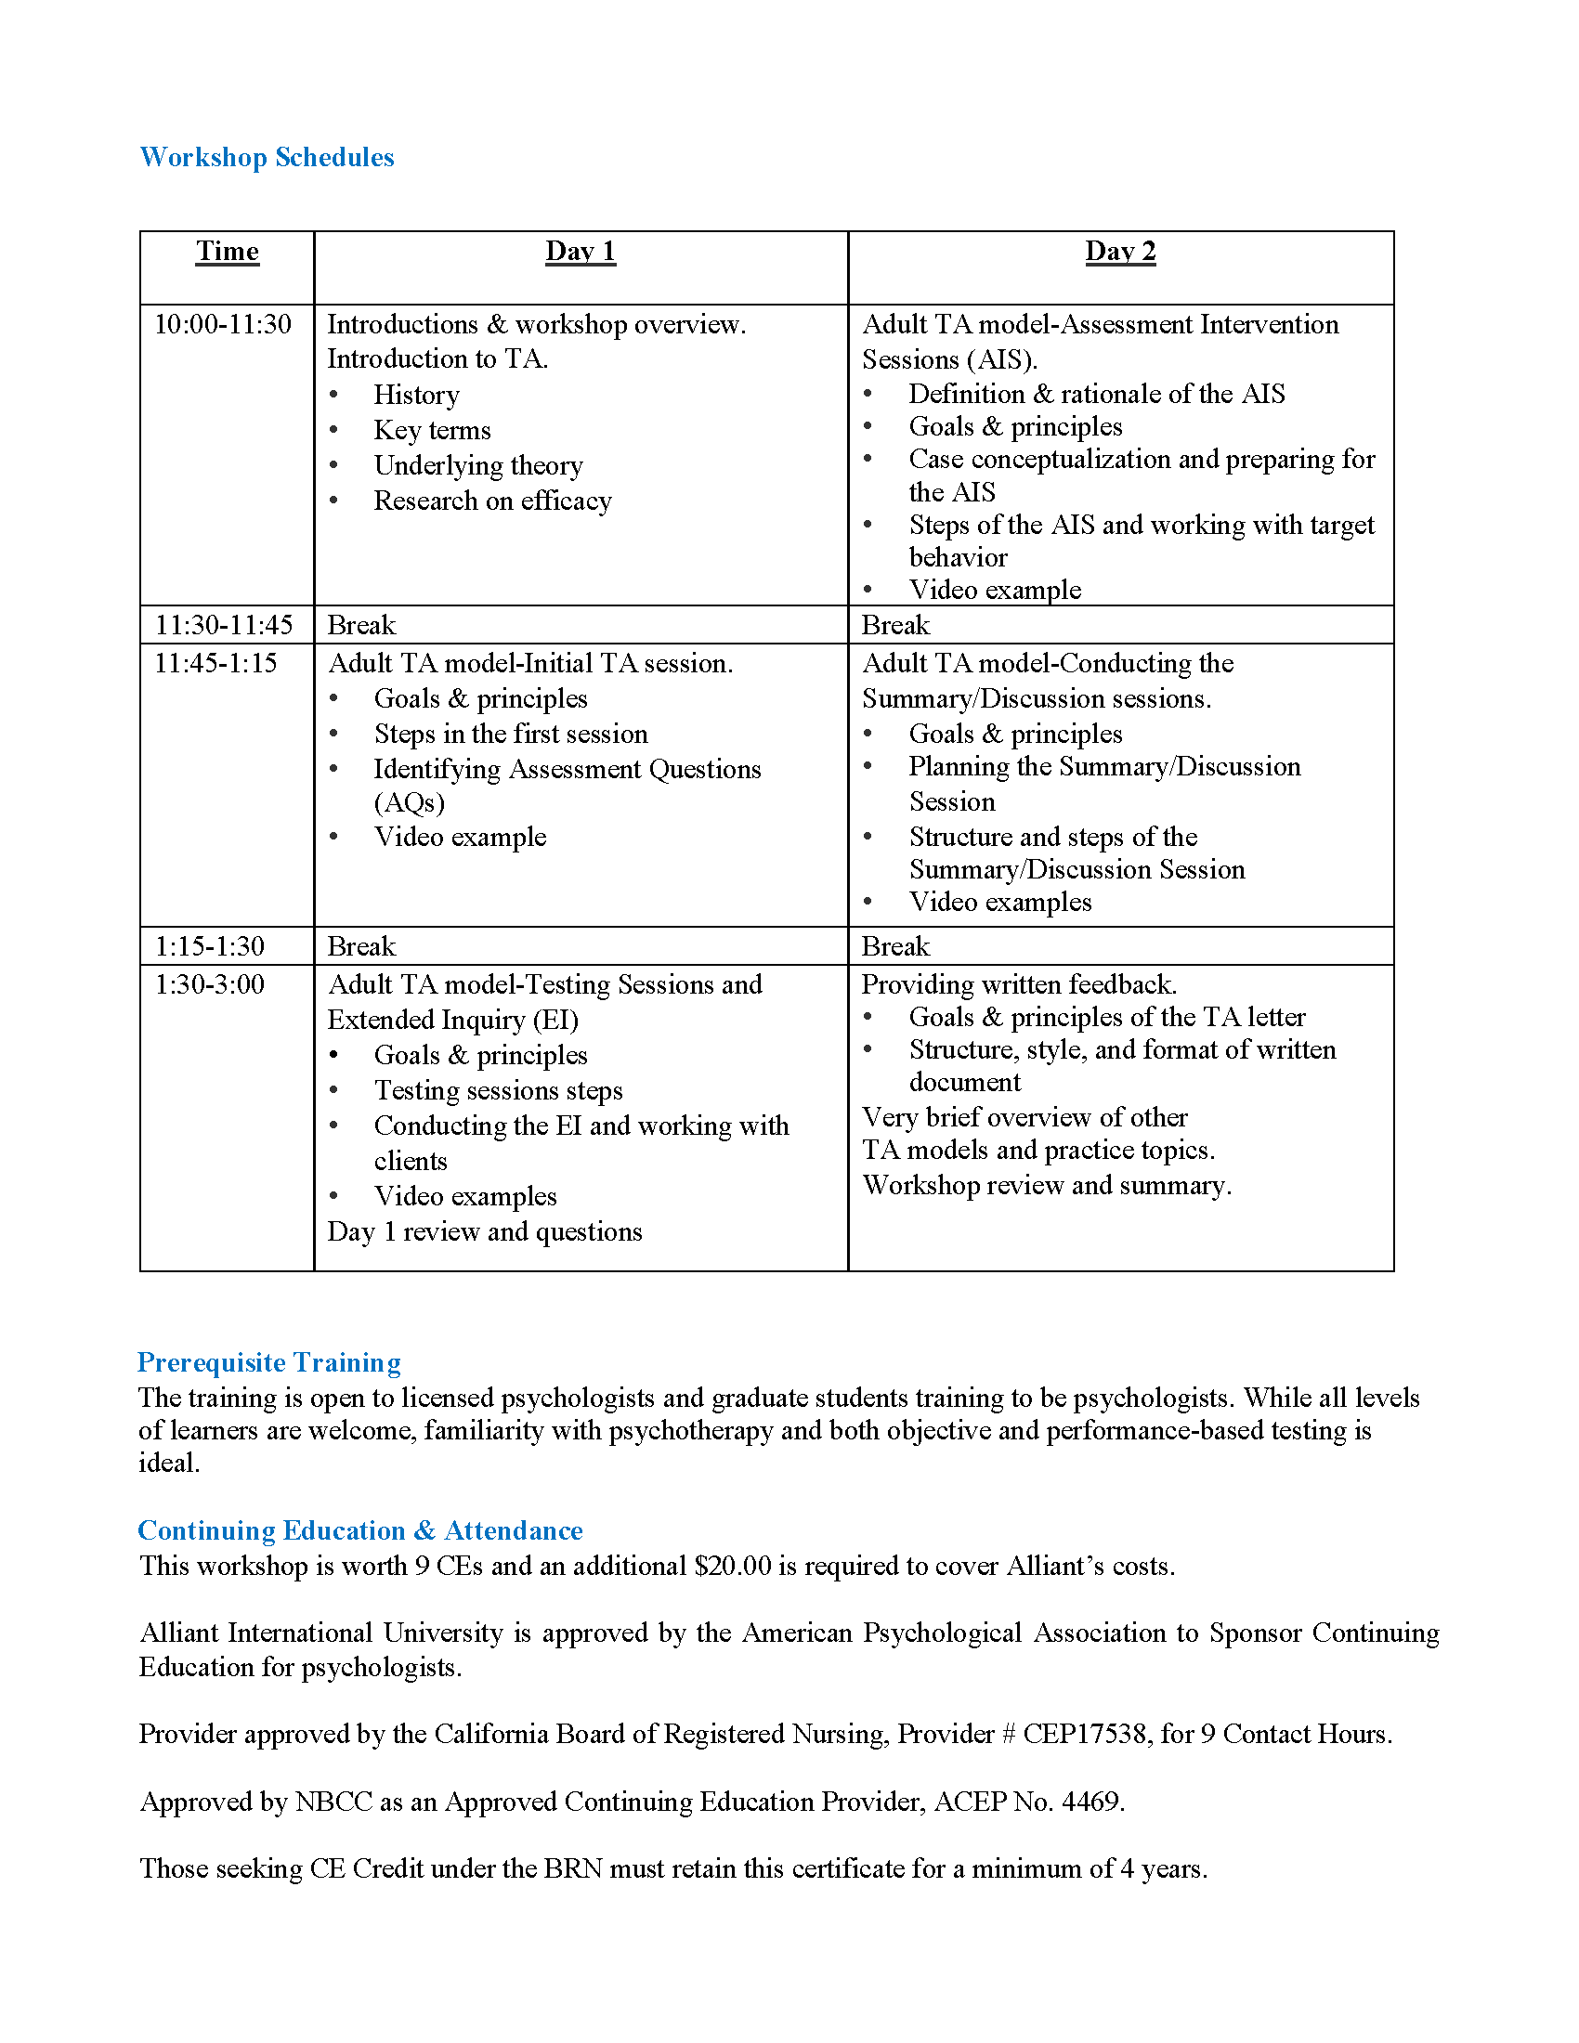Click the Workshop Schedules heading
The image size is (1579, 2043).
coord(267,157)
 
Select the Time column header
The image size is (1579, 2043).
coord(228,252)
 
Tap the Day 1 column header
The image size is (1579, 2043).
coord(580,252)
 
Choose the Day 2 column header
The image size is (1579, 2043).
coord(1120,252)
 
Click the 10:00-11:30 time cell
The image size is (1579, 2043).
coord(223,325)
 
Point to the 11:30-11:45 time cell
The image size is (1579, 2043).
coord(224,625)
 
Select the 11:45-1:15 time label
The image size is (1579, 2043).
coord(216,663)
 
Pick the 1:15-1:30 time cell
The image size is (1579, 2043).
coord(210,946)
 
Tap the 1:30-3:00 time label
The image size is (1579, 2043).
coord(210,984)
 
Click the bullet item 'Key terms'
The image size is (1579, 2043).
coord(432,430)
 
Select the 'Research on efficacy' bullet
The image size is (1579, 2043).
coord(492,501)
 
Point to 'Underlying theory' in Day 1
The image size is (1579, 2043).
coord(478,466)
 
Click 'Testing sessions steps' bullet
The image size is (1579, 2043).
coord(498,1091)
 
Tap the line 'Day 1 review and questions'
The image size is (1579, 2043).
coord(485,1232)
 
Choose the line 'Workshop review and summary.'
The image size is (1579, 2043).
coord(1047,1185)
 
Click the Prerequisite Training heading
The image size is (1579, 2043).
coord(269,1362)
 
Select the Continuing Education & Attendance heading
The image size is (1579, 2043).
coord(360,1530)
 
